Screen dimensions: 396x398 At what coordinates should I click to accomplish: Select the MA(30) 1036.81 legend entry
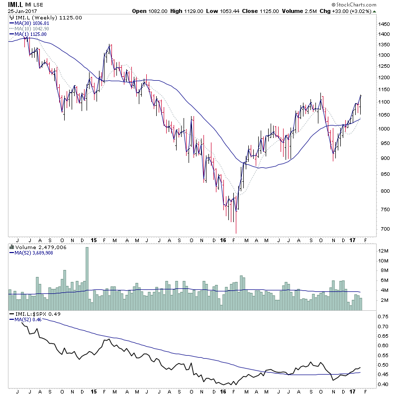click(x=32, y=23)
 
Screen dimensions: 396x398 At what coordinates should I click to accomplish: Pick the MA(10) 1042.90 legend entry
click(x=32, y=28)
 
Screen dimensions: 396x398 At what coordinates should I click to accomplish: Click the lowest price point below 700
click(x=236, y=232)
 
